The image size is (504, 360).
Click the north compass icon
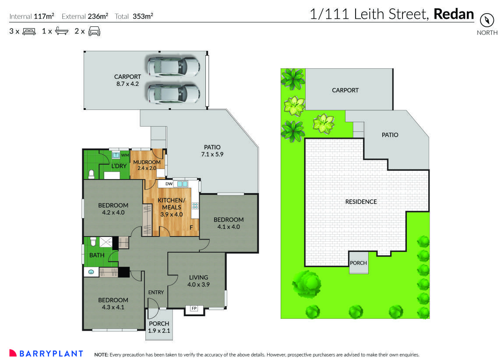tap(487, 20)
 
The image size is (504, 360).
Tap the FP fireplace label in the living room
tap(193, 309)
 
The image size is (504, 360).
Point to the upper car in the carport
tap(173, 66)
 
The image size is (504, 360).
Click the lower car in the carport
tap(173, 93)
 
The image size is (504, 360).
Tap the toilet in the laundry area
tap(91, 174)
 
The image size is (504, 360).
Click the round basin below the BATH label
tap(91, 272)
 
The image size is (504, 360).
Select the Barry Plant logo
tap(46, 353)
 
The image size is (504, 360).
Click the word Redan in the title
tap(454, 14)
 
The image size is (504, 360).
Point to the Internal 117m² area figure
tap(32, 17)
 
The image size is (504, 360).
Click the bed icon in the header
tap(28, 32)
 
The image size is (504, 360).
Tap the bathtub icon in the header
tap(62, 32)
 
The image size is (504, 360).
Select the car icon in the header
tap(94, 32)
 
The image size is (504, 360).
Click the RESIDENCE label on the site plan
tap(361, 202)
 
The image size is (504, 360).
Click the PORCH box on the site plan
tap(358, 263)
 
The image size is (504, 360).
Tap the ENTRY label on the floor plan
tap(156, 293)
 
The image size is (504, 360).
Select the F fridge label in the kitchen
tap(191, 228)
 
